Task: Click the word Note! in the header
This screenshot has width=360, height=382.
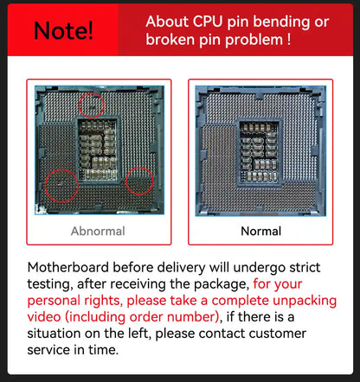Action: [x=63, y=32]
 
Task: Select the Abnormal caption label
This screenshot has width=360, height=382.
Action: [x=97, y=231]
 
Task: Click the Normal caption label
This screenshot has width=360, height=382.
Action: [x=260, y=231]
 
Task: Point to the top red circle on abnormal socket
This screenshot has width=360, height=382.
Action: [x=91, y=105]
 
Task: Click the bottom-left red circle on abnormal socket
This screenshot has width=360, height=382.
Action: [x=59, y=183]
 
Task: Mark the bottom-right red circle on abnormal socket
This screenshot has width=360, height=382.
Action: [x=138, y=181]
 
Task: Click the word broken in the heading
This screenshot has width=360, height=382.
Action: [x=170, y=40]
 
